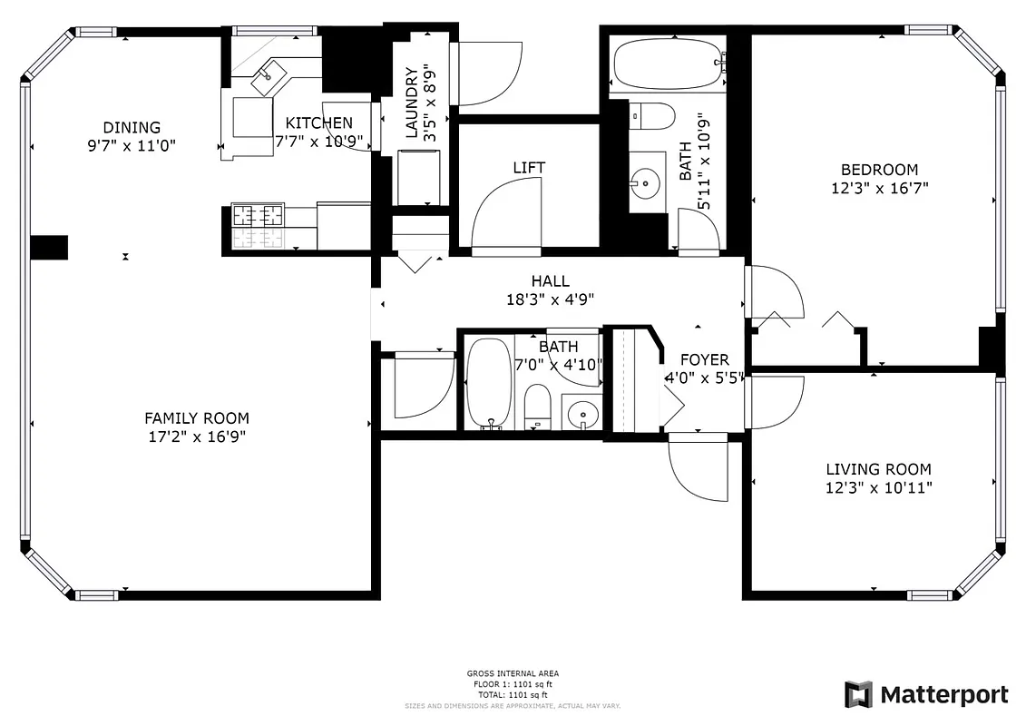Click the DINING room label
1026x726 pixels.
point(132,128)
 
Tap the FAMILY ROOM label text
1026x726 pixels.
point(197,418)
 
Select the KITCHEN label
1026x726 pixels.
point(318,123)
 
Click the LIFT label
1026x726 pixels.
point(529,168)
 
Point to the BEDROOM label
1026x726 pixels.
point(879,170)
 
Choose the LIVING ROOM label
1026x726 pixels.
point(878,470)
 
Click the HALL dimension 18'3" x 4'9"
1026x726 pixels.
point(551,299)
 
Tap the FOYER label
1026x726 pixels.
point(705,360)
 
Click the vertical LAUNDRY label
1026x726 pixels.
point(413,102)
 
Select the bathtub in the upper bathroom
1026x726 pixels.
point(668,63)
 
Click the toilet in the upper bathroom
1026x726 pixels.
point(654,115)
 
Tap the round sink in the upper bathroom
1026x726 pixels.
point(645,184)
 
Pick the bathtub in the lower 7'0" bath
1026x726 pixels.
point(489,383)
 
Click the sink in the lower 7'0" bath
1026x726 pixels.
point(581,415)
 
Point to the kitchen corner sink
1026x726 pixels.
point(269,76)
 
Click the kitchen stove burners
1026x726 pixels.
point(258,216)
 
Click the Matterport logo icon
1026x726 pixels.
point(858,694)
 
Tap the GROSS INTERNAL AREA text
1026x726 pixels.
point(513,673)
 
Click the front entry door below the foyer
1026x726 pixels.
point(699,467)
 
